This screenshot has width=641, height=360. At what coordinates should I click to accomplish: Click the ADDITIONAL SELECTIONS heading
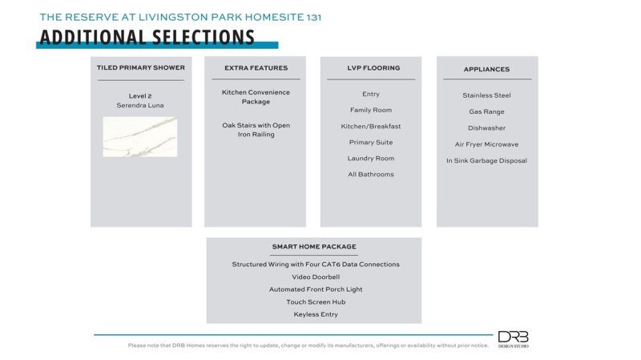(x=147, y=37)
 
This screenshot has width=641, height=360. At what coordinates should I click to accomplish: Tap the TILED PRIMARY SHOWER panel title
(x=140, y=68)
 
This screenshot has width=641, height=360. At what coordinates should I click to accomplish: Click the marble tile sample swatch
(x=140, y=136)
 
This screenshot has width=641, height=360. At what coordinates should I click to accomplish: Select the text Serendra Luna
(x=140, y=106)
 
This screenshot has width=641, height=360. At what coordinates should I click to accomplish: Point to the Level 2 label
(x=140, y=96)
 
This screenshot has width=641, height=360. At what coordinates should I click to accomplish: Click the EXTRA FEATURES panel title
(x=256, y=68)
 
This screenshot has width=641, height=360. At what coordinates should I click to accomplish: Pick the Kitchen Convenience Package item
(x=256, y=97)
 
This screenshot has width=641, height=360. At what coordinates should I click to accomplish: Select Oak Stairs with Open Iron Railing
(x=256, y=130)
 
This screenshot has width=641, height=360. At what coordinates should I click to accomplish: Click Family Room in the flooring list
(x=371, y=110)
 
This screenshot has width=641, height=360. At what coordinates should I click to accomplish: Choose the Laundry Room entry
(x=371, y=158)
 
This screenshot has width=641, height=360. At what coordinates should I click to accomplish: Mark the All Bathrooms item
(x=371, y=174)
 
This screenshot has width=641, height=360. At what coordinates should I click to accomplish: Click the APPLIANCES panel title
(x=486, y=69)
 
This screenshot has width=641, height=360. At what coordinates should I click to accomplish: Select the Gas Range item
(x=486, y=111)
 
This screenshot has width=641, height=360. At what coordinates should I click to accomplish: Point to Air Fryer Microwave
(x=486, y=144)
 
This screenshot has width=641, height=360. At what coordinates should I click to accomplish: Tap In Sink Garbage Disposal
(x=486, y=160)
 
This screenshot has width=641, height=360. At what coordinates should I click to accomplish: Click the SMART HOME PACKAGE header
(x=314, y=246)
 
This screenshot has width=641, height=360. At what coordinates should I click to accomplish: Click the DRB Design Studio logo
(x=513, y=339)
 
